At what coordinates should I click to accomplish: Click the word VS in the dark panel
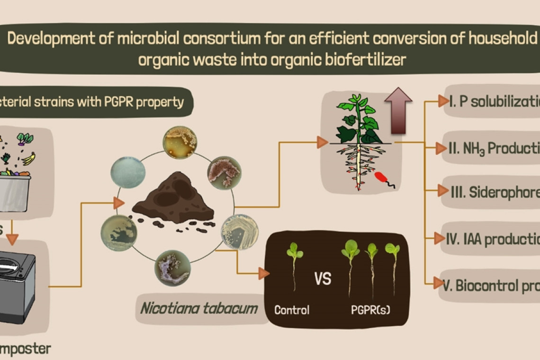point(323,279)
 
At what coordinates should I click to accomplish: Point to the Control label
point(292,310)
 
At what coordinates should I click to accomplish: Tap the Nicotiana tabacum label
point(199,309)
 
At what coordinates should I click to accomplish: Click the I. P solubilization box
point(493,101)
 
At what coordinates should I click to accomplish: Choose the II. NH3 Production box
point(493,148)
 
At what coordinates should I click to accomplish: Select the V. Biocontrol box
point(490,285)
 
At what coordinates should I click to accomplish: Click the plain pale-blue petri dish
point(128,173)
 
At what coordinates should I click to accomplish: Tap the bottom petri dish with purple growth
point(172,268)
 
